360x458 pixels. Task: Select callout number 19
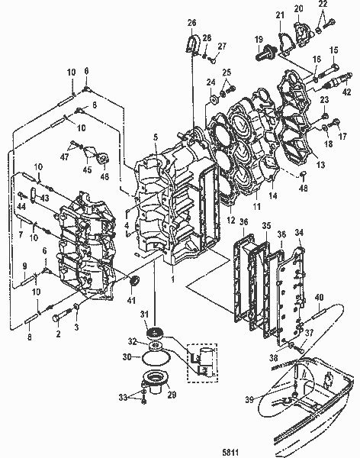click(x=259, y=39)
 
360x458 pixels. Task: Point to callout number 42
click(x=347, y=91)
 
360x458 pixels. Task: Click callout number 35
click(x=265, y=227)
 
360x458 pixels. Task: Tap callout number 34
click(x=299, y=232)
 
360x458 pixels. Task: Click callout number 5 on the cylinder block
click(x=156, y=137)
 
